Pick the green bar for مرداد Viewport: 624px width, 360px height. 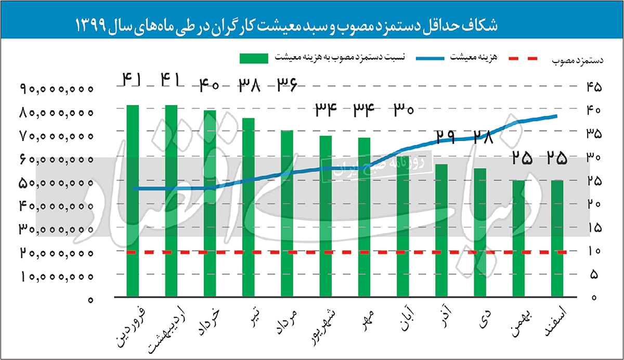click(x=287, y=213)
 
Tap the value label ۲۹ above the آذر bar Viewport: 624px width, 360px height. click(x=446, y=137)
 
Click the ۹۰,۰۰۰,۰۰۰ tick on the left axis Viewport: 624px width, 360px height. click(x=58, y=89)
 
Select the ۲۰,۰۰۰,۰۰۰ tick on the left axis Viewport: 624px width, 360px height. click(x=58, y=253)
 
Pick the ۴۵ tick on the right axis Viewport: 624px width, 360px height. click(x=594, y=87)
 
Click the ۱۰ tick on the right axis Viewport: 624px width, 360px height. click(x=594, y=251)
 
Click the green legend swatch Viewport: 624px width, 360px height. click(x=253, y=58)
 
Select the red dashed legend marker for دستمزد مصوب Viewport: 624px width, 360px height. click(x=528, y=58)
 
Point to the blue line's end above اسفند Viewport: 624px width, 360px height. click(x=556, y=116)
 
